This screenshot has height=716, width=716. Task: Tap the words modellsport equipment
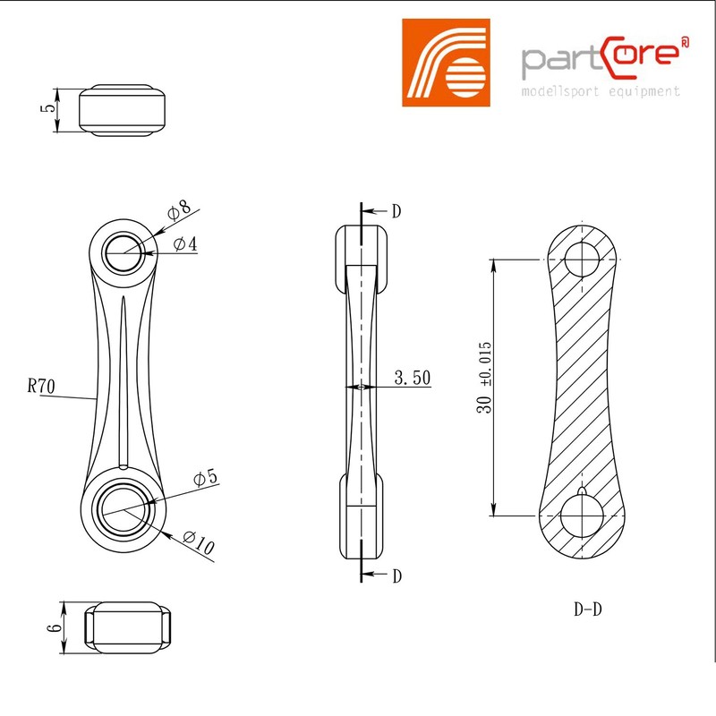[601, 91]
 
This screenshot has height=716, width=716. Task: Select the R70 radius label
[42, 388]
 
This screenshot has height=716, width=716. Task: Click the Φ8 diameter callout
[180, 211]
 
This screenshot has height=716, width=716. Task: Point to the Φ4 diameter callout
[187, 243]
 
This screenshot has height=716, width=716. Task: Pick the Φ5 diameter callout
[205, 477]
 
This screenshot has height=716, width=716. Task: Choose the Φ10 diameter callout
[199, 543]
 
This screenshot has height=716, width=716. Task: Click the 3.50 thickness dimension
[412, 379]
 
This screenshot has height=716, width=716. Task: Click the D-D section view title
[587, 610]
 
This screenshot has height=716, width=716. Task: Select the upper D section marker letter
[396, 211]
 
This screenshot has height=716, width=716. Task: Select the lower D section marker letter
[396, 575]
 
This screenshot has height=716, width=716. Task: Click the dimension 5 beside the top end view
[50, 109]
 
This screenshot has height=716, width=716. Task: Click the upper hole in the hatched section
[583, 260]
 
